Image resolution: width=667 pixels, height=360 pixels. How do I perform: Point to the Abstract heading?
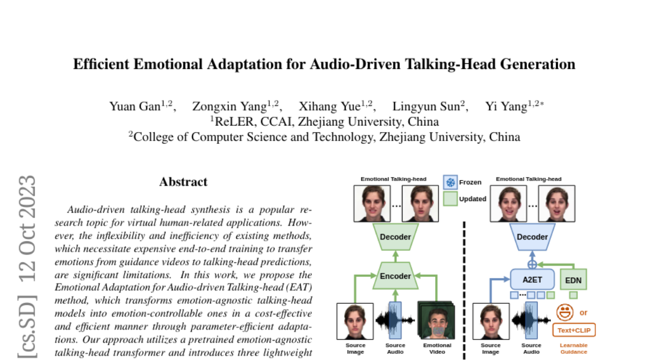pos(183,182)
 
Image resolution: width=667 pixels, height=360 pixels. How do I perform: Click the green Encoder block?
pos(395,276)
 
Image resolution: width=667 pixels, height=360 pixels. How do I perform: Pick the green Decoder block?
pos(395,237)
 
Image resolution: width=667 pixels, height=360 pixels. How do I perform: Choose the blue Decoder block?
pos(532,237)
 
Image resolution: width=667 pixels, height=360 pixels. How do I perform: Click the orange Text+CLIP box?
pos(573,331)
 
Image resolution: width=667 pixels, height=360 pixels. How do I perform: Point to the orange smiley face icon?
pos(565,312)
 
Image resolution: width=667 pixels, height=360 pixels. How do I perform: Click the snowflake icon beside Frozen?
pos(450,182)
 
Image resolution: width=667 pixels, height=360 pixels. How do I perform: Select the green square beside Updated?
pos(450,198)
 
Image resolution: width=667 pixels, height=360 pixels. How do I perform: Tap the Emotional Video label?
pos(437,348)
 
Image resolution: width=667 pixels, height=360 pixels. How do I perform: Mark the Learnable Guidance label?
pos(573,348)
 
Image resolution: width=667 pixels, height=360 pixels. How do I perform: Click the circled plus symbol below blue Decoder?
pos(532,263)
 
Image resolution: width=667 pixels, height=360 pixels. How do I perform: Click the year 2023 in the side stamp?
pos(27,197)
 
